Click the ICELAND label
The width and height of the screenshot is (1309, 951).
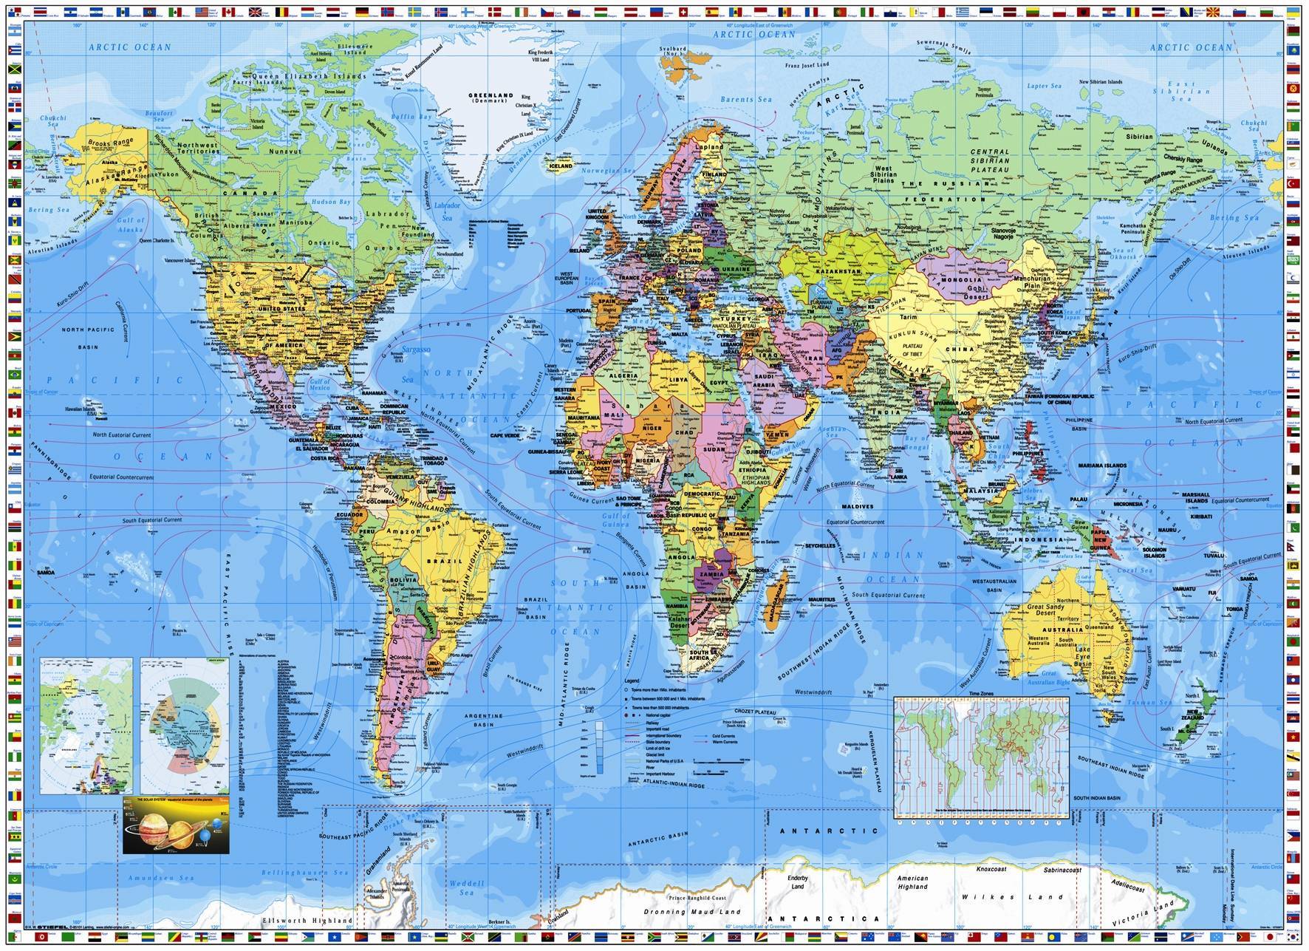[x=561, y=166]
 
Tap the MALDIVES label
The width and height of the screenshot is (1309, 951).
[x=857, y=507]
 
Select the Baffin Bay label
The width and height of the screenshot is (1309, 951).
[x=412, y=117]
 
